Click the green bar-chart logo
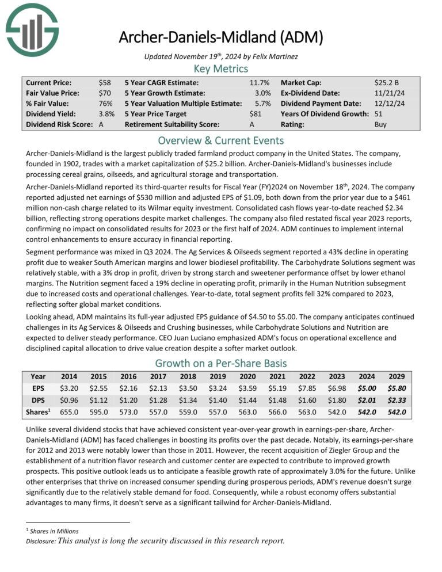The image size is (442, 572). [32, 29]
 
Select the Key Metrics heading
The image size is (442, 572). [221, 68]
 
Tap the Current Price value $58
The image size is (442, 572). [105, 82]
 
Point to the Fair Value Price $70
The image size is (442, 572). [105, 93]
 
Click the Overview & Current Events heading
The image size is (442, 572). [221, 141]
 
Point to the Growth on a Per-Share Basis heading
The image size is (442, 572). [221, 363]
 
